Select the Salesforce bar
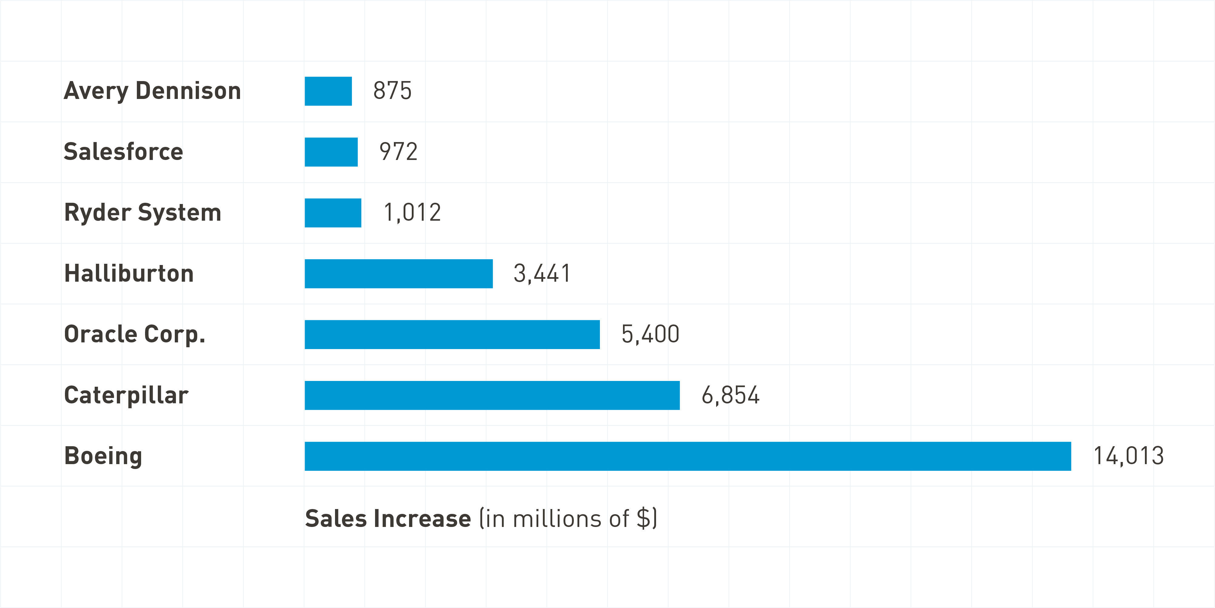(331, 152)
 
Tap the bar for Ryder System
(333, 213)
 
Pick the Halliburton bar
(398, 273)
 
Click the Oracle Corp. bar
(452, 335)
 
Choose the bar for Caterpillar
(492, 395)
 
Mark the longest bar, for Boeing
(688, 456)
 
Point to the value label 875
(392, 90)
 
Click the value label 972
(398, 151)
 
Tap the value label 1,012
(412, 212)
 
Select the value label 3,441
(542, 273)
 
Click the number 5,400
(650, 334)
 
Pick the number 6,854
(730, 395)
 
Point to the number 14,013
(1128, 456)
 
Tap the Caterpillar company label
(126, 395)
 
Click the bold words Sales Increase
(388, 518)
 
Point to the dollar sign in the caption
(643, 518)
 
